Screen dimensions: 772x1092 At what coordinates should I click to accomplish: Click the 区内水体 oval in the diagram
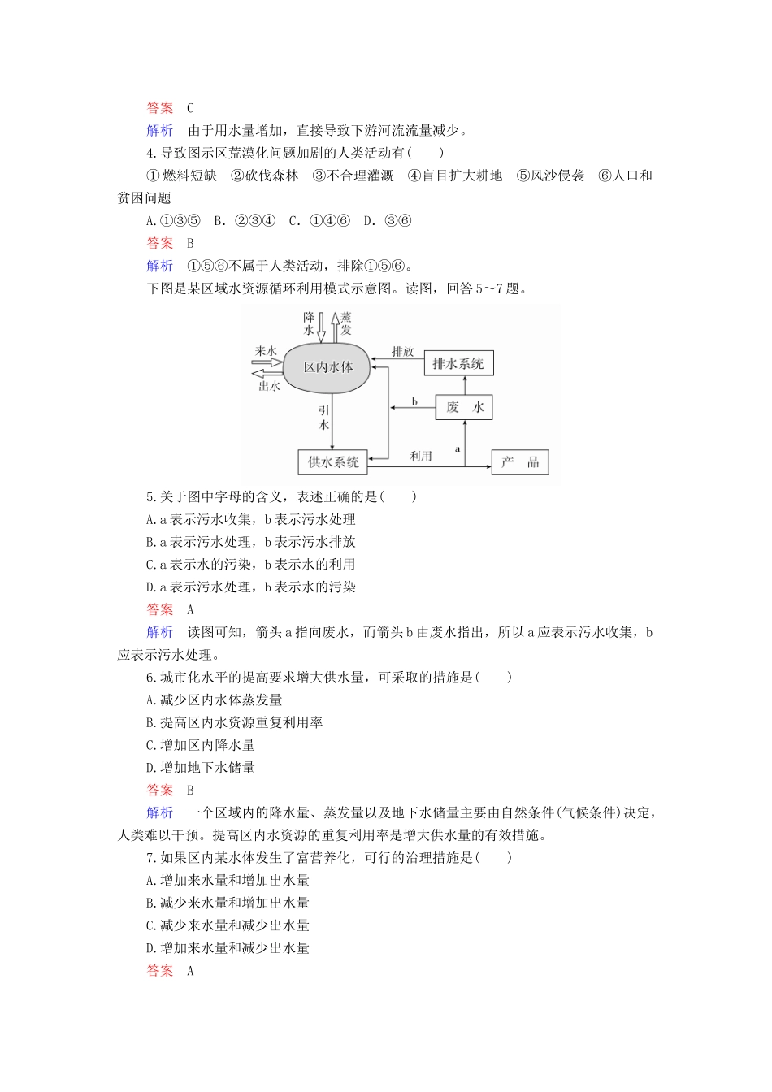328,366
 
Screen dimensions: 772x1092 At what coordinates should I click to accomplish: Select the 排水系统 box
458,363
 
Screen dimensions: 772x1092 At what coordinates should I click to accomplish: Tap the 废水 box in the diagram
464,407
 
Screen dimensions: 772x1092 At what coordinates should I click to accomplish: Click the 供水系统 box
333,461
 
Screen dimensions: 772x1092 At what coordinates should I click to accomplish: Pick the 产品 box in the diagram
520,462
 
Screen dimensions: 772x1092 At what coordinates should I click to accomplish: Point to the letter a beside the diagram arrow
458,448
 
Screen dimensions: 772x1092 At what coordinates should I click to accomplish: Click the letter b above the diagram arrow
414,401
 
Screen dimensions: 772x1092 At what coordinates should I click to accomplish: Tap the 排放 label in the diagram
402,352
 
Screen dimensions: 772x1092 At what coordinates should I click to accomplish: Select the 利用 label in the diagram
420,457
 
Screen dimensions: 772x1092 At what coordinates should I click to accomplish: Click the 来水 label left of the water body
266,351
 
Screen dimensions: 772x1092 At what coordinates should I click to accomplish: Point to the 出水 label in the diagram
269,387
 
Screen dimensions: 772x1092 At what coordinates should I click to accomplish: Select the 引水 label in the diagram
324,418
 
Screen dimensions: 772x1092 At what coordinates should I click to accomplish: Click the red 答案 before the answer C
160,108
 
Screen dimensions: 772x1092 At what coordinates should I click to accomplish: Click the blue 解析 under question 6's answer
160,812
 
